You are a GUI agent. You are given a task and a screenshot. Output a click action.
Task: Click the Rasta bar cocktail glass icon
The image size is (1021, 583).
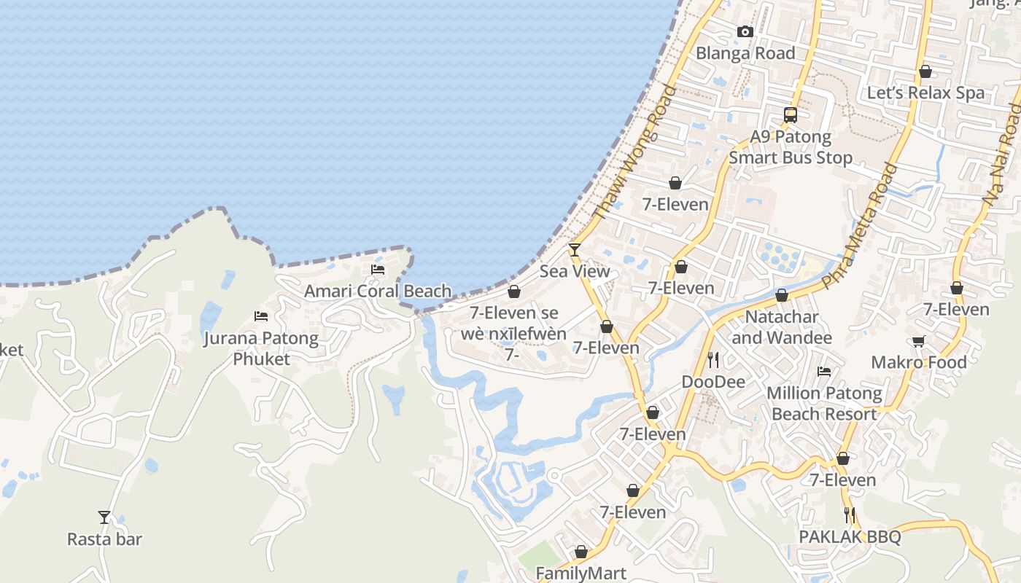point(104,517)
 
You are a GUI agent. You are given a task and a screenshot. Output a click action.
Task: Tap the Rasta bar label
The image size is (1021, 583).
point(104,539)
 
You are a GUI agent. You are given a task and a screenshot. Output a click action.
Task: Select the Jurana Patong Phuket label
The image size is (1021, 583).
point(261,348)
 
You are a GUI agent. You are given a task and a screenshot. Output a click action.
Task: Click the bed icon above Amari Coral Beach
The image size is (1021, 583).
point(378,270)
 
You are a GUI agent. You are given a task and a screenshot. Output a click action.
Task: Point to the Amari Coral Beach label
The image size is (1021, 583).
point(378,291)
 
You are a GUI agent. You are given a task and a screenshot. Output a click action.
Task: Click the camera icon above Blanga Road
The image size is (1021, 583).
point(745,31)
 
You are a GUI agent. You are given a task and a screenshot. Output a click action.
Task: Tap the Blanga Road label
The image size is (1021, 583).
point(745,53)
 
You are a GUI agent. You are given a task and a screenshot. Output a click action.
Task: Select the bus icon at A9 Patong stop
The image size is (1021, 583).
point(791,114)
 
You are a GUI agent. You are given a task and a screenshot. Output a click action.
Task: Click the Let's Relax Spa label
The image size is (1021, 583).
point(925,93)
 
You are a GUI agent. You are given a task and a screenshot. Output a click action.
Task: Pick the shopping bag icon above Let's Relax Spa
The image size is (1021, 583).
point(925,71)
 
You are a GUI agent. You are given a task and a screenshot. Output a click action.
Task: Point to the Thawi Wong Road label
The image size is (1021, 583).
point(634,153)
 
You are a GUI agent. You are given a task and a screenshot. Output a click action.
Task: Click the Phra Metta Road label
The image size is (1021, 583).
point(859,226)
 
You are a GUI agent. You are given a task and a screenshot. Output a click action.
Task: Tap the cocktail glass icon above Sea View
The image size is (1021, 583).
point(575,250)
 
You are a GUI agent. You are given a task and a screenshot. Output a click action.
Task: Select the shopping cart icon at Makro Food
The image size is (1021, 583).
point(918,341)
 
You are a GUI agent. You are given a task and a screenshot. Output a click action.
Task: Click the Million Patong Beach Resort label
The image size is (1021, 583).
point(824,404)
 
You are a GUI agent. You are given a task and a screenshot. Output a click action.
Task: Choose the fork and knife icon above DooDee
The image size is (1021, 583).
point(713,360)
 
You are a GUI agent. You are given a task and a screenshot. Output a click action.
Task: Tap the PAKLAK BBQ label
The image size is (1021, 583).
point(850,537)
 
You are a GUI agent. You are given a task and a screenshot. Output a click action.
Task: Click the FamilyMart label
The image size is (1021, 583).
point(581,574)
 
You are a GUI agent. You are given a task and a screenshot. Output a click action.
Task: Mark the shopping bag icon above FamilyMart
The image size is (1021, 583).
point(581,552)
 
